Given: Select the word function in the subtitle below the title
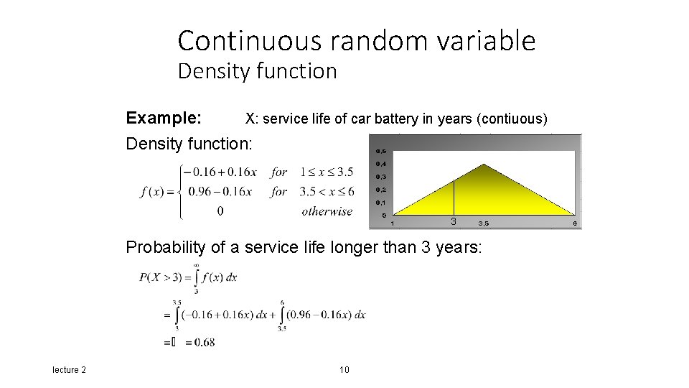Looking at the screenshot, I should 302,72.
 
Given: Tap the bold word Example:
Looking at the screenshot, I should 163,118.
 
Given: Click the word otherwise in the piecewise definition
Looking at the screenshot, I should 327,211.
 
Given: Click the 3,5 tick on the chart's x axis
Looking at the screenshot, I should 484,223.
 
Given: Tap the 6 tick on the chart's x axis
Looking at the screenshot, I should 575,223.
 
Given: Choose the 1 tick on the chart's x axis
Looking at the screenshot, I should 392,223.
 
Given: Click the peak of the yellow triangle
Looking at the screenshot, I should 484,165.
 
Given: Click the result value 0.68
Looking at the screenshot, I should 204,343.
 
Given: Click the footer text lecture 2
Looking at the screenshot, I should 69,369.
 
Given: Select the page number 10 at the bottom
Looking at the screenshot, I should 344,369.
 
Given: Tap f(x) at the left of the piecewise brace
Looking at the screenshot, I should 154,191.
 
